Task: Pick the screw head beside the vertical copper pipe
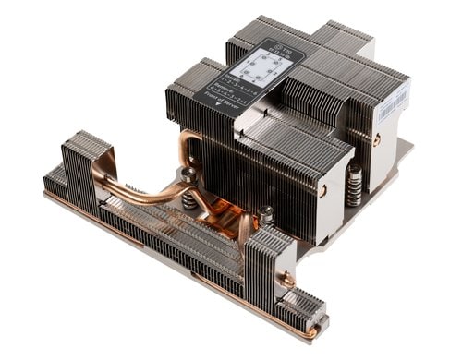click(x=190, y=173)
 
